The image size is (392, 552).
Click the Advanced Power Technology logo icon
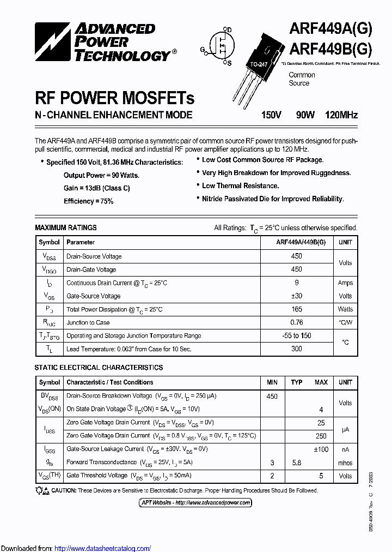click(x=53, y=43)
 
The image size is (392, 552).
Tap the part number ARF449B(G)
click(x=330, y=50)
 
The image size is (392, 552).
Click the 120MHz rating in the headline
click(x=341, y=115)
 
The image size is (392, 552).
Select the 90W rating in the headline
click(x=305, y=115)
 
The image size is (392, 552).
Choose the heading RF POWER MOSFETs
click(x=114, y=98)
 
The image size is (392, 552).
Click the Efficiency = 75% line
click(x=88, y=201)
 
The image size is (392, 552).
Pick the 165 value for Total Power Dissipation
click(x=297, y=309)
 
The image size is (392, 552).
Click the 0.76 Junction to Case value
click(x=297, y=322)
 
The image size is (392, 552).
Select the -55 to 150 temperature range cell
click(x=297, y=336)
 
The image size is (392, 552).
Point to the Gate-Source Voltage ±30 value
click(x=297, y=296)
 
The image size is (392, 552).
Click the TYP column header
click(x=297, y=382)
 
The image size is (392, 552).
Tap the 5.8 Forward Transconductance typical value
click(x=297, y=463)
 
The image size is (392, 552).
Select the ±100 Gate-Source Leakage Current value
click(x=321, y=449)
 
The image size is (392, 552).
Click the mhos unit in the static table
click(x=345, y=463)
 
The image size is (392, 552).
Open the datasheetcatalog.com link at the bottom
click(x=103, y=548)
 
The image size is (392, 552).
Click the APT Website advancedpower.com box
click(x=195, y=502)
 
